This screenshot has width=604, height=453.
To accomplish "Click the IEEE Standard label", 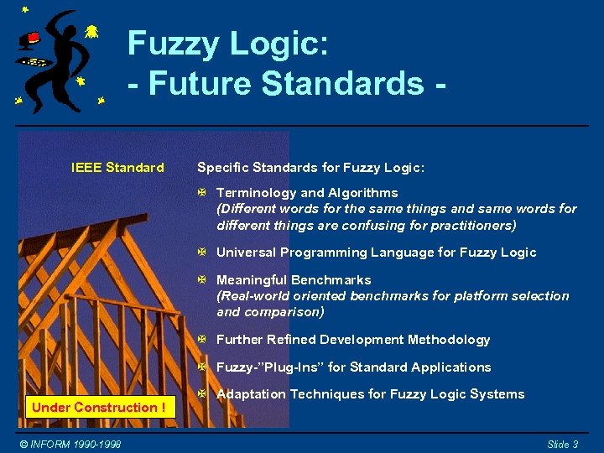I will (117, 168).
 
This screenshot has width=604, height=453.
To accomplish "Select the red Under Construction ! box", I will (98, 408).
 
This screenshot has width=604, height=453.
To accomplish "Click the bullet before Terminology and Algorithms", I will (201, 193).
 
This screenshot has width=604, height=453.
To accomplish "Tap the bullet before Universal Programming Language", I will (201, 253).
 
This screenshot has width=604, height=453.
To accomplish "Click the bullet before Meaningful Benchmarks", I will (201, 280).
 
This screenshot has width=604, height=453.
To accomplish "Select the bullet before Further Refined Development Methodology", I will (201, 340).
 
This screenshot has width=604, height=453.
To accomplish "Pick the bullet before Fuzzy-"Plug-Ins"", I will (201, 367).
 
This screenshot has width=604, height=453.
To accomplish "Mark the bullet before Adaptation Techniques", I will (201, 394).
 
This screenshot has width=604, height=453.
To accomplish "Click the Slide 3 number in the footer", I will (563, 444).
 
